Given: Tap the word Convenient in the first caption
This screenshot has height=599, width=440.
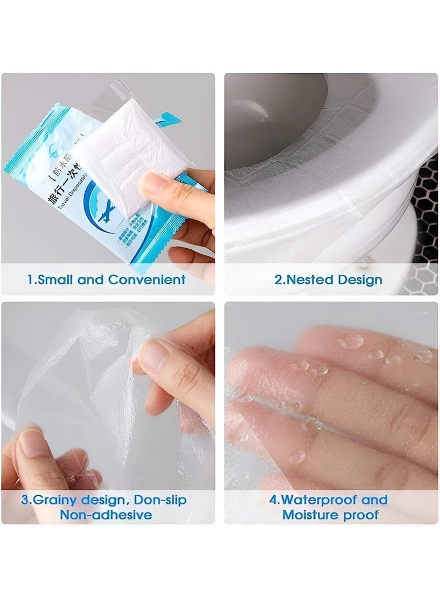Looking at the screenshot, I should click(146, 279).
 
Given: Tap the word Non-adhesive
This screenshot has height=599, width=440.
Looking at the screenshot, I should click(106, 515).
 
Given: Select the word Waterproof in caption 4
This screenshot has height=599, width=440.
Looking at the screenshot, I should click(318, 500).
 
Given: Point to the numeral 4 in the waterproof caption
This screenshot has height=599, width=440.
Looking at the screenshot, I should click(273, 500).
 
